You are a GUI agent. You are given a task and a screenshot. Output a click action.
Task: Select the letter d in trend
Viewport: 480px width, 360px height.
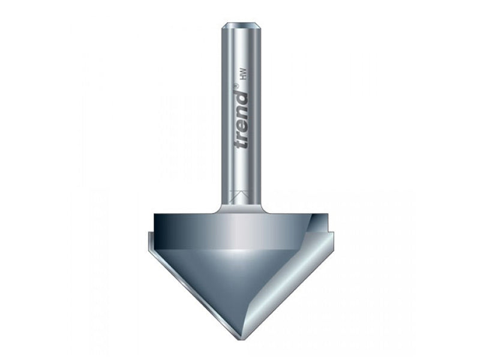point(242,100)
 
